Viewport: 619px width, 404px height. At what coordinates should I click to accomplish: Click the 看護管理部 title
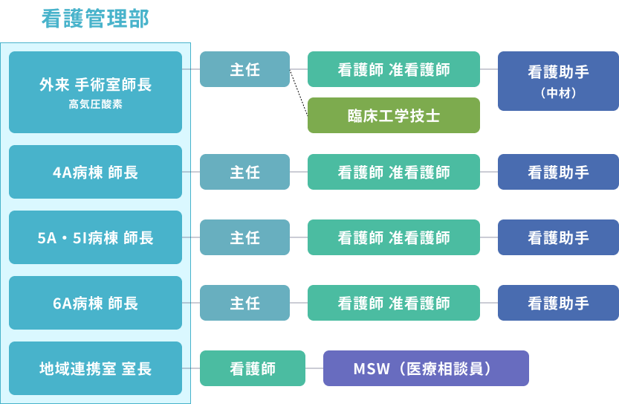[95, 19]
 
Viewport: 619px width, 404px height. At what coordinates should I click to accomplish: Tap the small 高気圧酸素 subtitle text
[95, 105]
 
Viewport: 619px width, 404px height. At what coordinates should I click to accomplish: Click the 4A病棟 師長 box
[95, 172]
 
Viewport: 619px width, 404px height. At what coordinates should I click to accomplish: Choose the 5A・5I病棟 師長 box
[95, 237]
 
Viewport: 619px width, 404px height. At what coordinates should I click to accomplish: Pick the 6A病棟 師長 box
[95, 303]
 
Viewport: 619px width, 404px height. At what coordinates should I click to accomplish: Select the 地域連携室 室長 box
[95, 368]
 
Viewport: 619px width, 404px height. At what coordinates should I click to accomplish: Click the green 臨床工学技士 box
[394, 115]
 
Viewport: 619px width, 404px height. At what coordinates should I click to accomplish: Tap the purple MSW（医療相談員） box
[426, 368]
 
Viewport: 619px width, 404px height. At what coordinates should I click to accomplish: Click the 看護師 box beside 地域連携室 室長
[253, 368]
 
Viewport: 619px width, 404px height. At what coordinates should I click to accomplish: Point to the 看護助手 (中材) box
[558, 80]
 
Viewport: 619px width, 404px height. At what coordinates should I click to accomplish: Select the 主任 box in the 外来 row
[244, 69]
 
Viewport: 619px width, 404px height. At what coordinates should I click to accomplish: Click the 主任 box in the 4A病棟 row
[244, 172]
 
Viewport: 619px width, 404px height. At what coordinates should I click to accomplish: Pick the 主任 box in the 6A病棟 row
[244, 303]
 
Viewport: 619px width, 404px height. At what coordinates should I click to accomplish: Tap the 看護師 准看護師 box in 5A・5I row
[394, 237]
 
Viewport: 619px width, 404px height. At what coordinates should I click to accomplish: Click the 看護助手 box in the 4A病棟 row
[558, 172]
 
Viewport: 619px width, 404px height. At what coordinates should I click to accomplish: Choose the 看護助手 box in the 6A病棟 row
[558, 303]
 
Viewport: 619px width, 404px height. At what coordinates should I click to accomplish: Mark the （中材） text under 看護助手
[558, 94]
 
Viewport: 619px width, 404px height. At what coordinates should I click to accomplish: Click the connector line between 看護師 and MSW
[314, 368]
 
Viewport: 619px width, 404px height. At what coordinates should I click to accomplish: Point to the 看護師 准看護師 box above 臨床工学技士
[394, 69]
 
